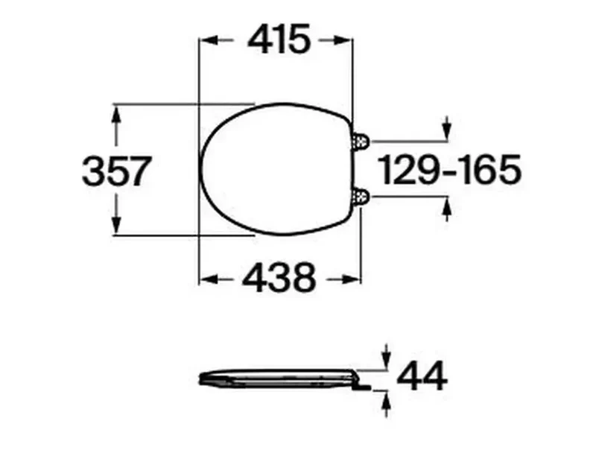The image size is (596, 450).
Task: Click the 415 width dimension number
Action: pyautogui.click(x=279, y=39)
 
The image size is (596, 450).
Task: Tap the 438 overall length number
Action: pyautogui.click(x=279, y=276)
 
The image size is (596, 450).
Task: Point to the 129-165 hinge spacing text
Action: pyautogui.click(x=451, y=170)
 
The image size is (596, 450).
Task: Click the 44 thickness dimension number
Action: pyautogui.click(x=422, y=376)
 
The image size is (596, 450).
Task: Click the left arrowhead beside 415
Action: pyautogui.click(x=209, y=39)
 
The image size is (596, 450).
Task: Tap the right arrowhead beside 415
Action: pyautogui.click(x=343, y=39)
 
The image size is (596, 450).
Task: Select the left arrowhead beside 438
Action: pyautogui.click(x=209, y=279)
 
